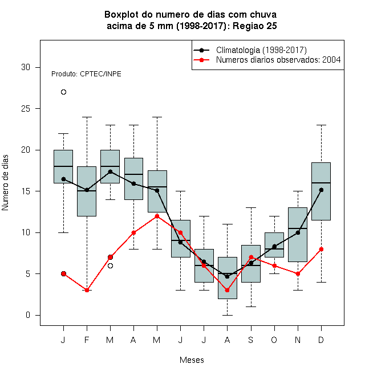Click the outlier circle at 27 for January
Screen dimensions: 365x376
(63, 92)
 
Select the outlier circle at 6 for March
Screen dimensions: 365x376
(110, 265)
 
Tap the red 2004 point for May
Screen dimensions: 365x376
(157, 216)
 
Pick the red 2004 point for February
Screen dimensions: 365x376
(87, 290)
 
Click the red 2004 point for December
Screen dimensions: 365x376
(321, 249)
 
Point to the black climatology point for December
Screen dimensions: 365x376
(321, 190)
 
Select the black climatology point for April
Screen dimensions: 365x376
(134, 183)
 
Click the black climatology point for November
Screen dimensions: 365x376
(298, 232)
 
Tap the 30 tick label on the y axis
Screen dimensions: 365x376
(26, 67)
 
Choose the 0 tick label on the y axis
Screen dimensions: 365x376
(28, 315)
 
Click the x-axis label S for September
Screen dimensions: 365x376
(251, 340)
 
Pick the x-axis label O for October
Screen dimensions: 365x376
(274, 340)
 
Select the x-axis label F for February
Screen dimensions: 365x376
(87, 340)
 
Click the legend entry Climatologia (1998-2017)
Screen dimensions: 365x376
(261, 50)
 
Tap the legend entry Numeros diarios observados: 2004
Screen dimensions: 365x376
(278, 60)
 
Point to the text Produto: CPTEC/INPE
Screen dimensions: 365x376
(86, 74)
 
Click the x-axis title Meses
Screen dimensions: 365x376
(192, 360)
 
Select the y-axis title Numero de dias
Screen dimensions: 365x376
(5, 183)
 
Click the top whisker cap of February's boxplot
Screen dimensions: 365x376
(87, 117)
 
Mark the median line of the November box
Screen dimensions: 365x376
(298, 228)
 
